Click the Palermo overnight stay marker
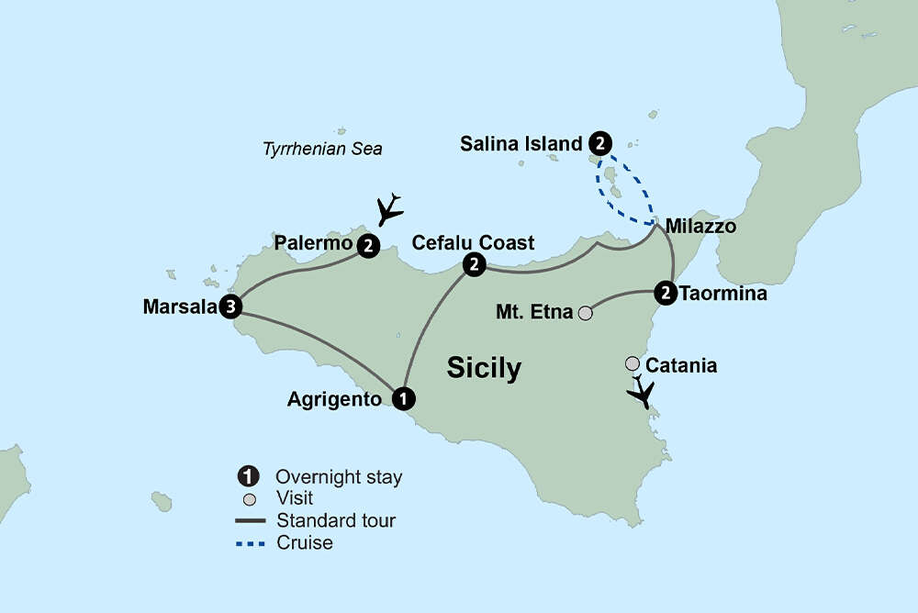[x=368, y=246]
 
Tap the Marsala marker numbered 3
[x=230, y=306]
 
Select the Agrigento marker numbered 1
[x=402, y=399]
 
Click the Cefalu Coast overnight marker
[x=474, y=264]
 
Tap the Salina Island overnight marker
[x=599, y=143]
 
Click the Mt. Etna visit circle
[x=585, y=313]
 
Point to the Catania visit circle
[x=633, y=364]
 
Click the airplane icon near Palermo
[x=390, y=208]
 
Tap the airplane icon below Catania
[x=642, y=393]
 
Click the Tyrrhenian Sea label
[x=322, y=149]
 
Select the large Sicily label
[x=484, y=368]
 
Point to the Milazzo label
[x=700, y=226]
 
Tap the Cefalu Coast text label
[x=473, y=242]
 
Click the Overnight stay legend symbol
[x=246, y=476]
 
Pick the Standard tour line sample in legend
[x=250, y=520]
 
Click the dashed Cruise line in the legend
[x=250, y=542]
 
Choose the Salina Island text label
[x=521, y=143]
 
